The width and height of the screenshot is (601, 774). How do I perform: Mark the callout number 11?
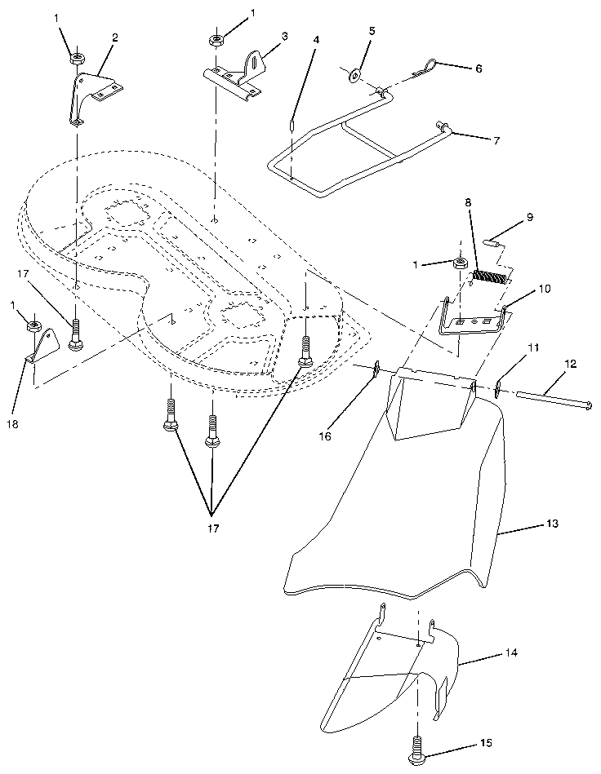click(532, 348)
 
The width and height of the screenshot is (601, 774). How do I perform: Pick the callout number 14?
click(511, 654)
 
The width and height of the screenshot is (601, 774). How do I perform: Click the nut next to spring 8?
click(460, 263)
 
